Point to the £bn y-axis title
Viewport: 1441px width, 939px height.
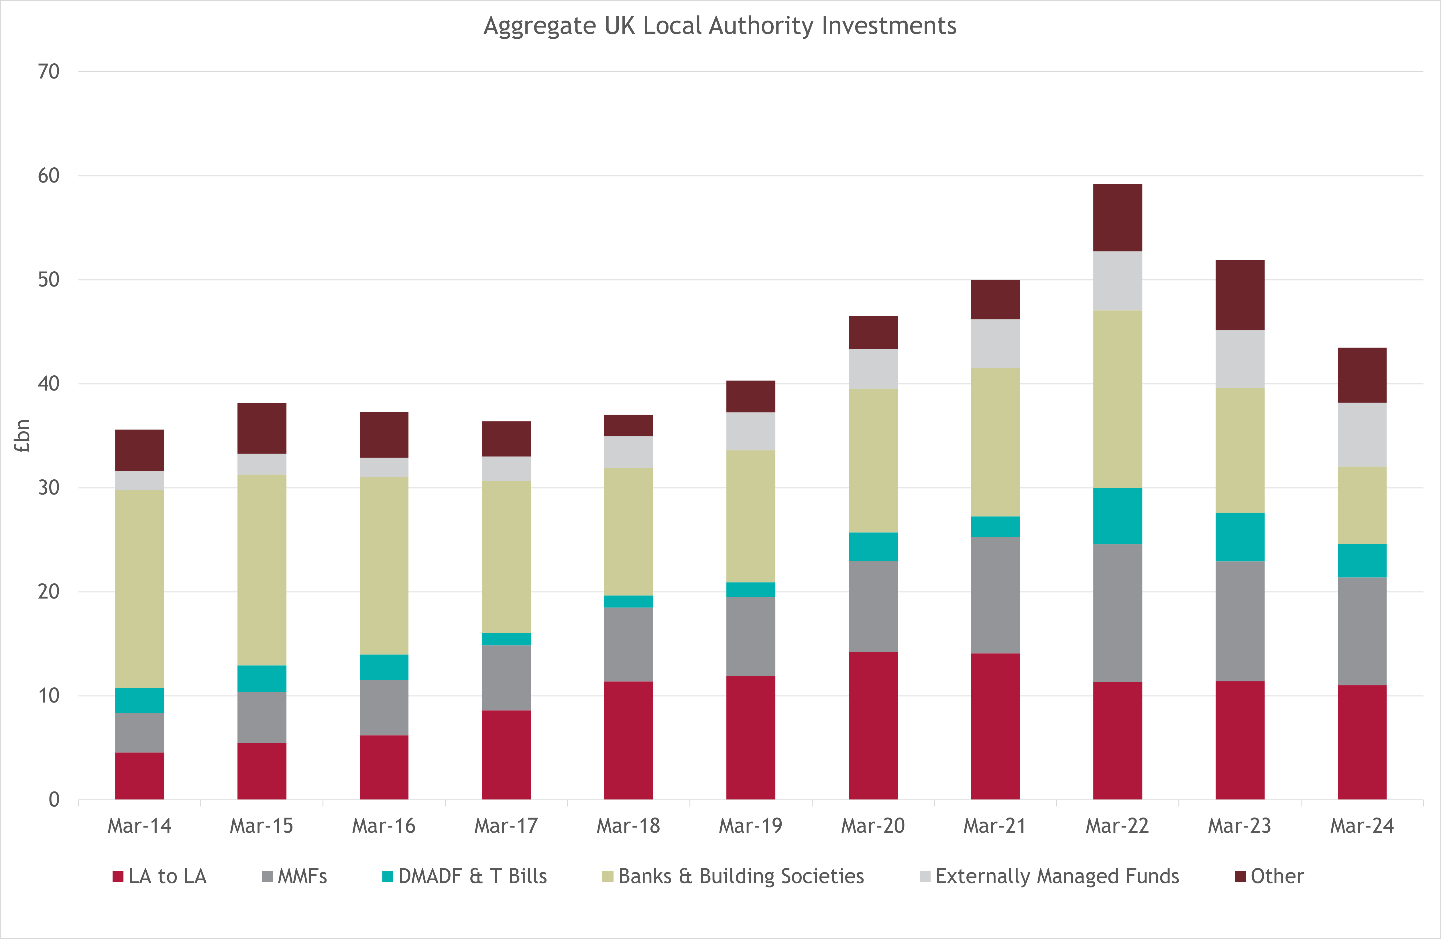(22, 436)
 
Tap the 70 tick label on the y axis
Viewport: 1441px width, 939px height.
(48, 72)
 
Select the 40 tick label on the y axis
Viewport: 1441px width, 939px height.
(48, 383)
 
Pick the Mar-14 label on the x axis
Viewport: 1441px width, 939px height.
(139, 826)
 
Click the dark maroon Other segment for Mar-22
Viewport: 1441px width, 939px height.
(1118, 217)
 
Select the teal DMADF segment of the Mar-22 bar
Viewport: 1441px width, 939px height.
(1118, 515)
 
